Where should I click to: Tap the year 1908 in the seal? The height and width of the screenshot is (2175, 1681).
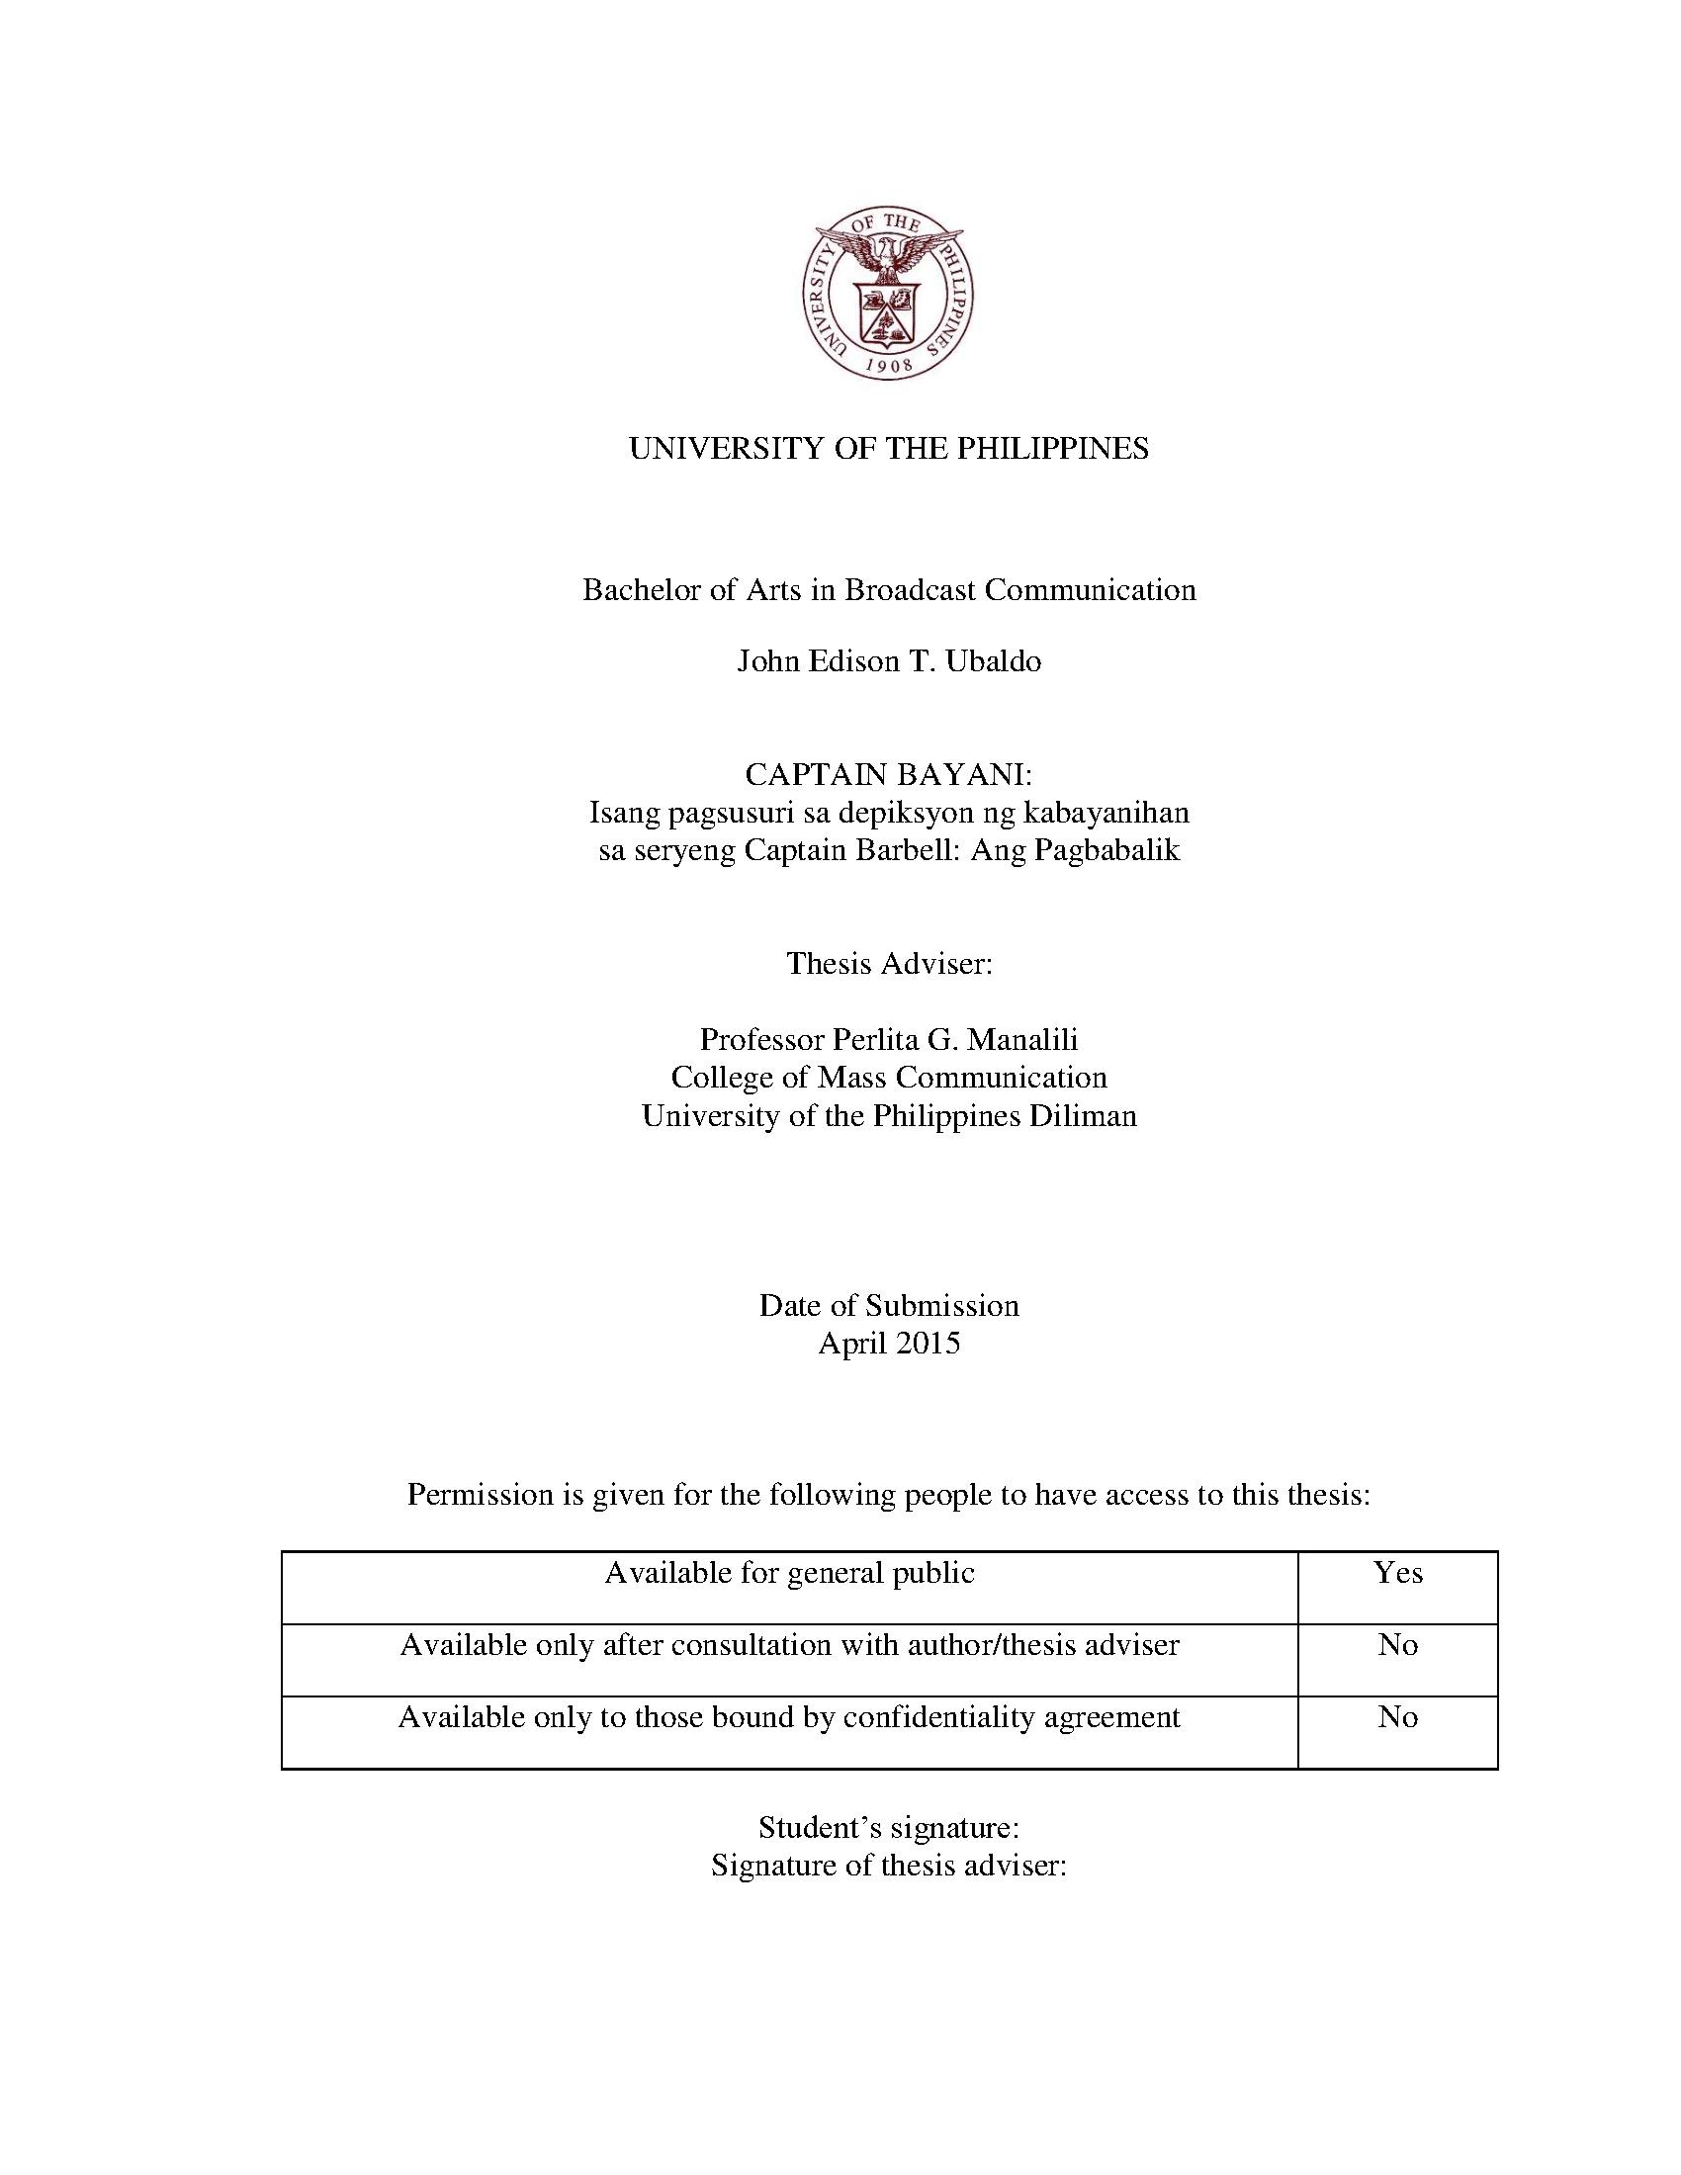(x=888, y=365)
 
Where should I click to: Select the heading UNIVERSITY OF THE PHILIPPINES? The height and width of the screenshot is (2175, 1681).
(x=888, y=449)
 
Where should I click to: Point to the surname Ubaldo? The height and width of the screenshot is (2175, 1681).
(x=993, y=661)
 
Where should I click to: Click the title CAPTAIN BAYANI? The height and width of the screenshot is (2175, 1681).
(x=888, y=775)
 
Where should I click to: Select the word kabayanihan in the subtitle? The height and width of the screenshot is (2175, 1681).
(x=1107, y=813)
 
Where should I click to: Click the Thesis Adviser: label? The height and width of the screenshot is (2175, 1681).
(x=888, y=964)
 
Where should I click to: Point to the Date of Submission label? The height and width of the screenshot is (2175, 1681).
(x=888, y=1306)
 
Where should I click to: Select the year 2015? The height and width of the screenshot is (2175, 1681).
(x=928, y=1344)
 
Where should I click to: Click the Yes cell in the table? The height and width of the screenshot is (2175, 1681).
(x=1397, y=1574)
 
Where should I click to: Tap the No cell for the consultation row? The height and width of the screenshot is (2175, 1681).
(x=1397, y=1645)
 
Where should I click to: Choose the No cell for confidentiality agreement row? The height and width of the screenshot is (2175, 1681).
(x=1397, y=1717)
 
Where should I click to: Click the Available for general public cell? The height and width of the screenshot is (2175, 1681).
(x=789, y=1574)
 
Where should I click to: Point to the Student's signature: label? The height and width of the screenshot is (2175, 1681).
(x=888, y=1827)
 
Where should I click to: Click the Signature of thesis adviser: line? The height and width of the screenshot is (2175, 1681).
(x=888, y=1866)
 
